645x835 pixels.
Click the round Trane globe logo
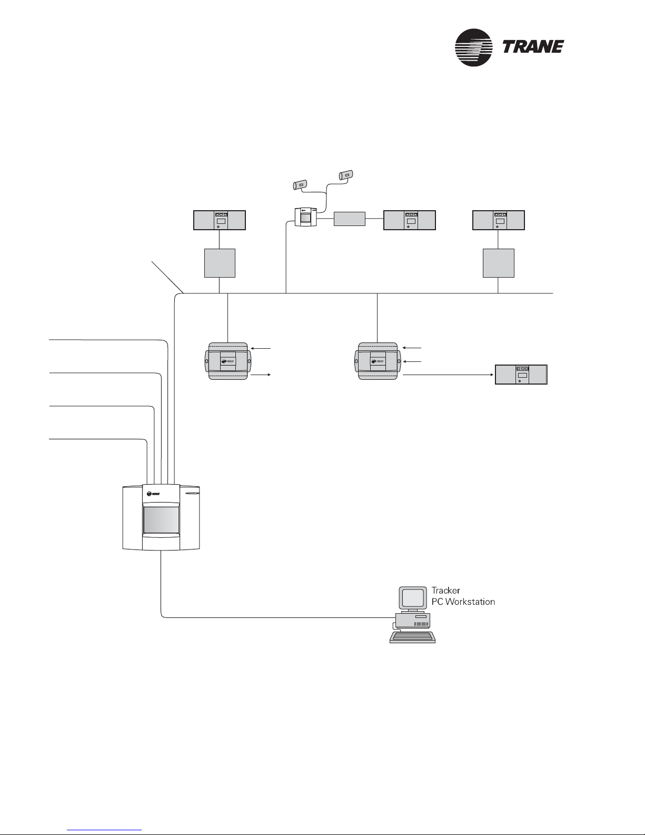tap(474, 47)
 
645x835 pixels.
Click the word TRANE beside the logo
tap(533, 47)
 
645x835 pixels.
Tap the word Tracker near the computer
tap(445, 590)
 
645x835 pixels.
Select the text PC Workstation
tap(463, 602)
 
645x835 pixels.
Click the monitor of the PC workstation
tap(413, 598)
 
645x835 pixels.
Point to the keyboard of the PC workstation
tap(413, 637)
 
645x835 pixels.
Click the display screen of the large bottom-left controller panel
tap(161, 520)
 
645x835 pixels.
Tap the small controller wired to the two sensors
tap(306, 217)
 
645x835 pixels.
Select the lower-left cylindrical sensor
tap(300, 185)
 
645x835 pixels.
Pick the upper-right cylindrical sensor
tap(346, 175)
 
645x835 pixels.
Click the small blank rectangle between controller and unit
tap(350, 219)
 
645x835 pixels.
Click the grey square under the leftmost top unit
tap(220, 263)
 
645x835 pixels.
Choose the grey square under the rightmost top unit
tap(498, 263)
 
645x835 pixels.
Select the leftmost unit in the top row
tap(219, 220)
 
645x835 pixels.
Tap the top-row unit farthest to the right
tap(498, 220)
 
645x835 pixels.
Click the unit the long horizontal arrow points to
tap(521, 374)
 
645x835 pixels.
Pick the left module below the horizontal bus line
tap(228, 361)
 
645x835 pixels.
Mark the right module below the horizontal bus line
tap(378, 361)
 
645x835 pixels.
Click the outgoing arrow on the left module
tap(261, 374)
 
